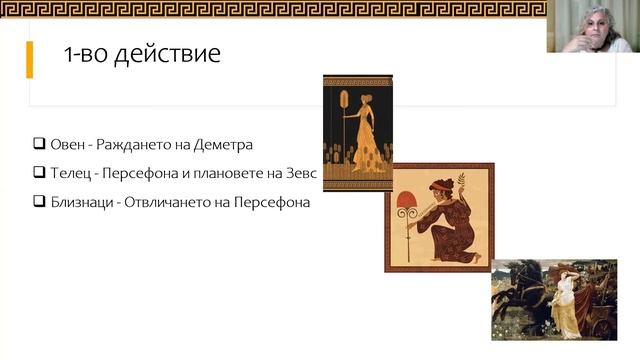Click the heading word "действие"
(165, 54)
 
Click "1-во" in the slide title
(84, 54)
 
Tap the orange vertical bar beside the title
(30, 59)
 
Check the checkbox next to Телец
(40, 172)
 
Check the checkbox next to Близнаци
(40, 201)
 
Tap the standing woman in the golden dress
(365, 135)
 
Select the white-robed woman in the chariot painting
(570, 300)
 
